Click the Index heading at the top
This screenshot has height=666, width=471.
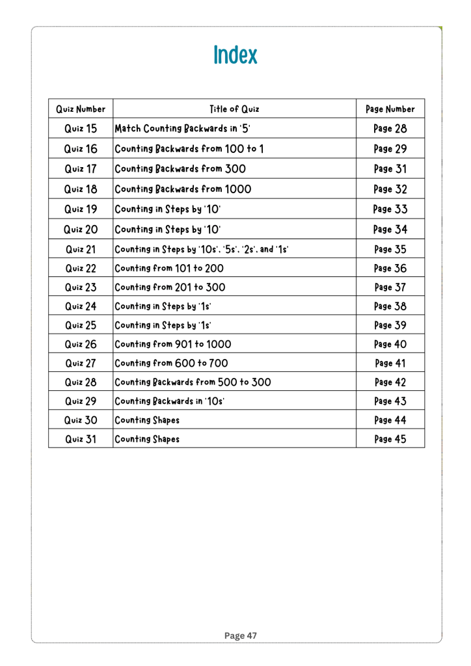(x=235, y=55)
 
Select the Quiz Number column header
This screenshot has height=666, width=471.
(x=81, y=108)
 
